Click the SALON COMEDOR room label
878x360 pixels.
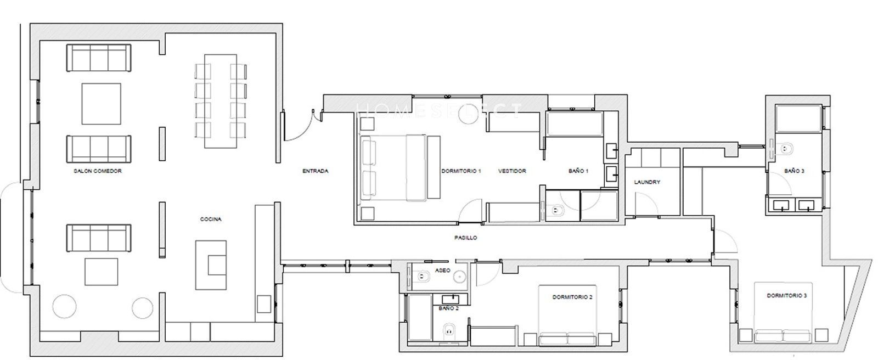click(x=98, y=171)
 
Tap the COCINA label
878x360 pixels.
click(x=211, y=219)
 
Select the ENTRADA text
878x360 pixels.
click(x=316, y=171)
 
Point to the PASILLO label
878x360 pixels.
click(x=466, y=238)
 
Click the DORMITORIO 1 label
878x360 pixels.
click(x=461, y=171)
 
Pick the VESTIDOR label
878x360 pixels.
click(x=513, y=171)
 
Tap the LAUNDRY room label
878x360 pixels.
click(x=647, y=182)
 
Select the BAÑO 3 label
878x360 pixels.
click(x=795, y=171)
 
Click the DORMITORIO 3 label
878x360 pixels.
click(x=787, y=296)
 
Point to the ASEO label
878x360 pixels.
click(x=443, y=271)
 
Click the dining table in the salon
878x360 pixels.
click(x=221, y=101)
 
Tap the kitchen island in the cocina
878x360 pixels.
click(x=211, y=265)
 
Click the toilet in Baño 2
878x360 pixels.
click(x=449, y=330)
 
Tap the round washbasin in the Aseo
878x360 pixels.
click(x=459, y=277)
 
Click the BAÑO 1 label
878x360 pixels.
click(x=578, y=171)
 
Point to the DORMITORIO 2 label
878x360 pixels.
click(x=573, y=297)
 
